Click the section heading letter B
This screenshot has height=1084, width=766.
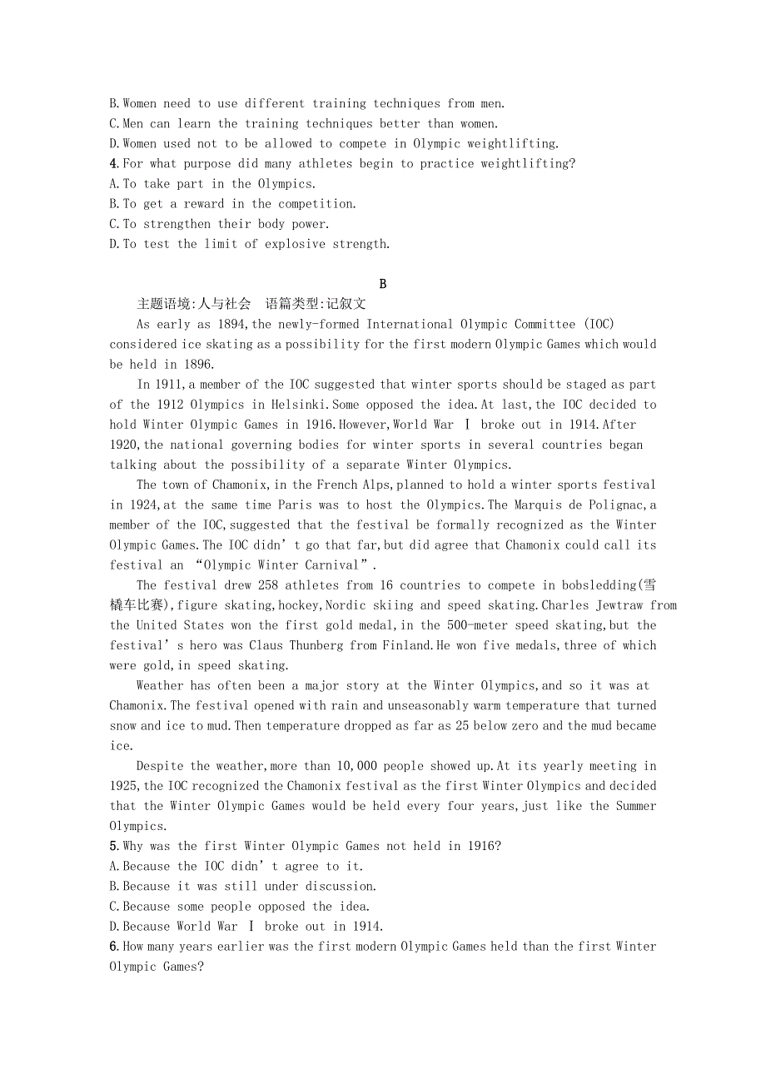coord(383,284)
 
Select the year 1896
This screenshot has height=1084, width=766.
coord(197,365)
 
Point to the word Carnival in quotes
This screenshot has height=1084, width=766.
coord(329,565)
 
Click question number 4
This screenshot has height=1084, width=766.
coord(113,164)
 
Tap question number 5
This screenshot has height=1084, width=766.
coord(113,847)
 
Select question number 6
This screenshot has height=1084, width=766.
coord(113,947)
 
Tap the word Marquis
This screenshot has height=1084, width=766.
coord(546,505)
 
